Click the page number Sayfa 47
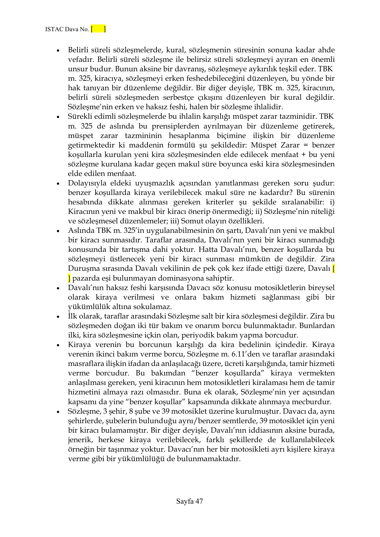coord(190,501)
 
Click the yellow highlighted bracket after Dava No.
coord(98,29)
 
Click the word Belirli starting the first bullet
coord(78,50)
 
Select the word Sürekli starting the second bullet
coord(79,117)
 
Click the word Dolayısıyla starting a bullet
coord(86,183)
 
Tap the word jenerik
coord(79,440)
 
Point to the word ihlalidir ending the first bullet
coord(270,107)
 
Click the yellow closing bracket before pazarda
coord(69,278)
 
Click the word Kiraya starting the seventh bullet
coord(79,345)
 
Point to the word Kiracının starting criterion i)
coord(83,212)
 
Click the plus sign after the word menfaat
coord(304,155)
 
